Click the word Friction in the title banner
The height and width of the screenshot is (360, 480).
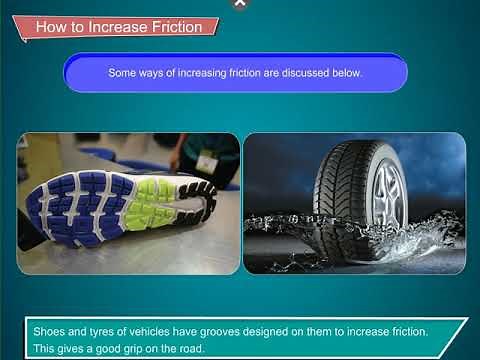176,27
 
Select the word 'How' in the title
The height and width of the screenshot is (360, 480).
51,27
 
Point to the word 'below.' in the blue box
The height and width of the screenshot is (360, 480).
346,73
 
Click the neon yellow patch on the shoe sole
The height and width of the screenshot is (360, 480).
150,200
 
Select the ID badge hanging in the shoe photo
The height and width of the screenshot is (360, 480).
207,162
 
